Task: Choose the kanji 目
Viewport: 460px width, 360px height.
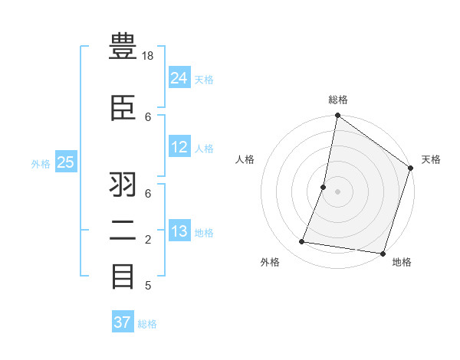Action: pos(123,276)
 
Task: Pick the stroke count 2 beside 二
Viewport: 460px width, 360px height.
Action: pos(149,241)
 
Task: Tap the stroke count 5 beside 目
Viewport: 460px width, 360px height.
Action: pos(149,286)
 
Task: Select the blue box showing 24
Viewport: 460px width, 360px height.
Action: pos(179,77)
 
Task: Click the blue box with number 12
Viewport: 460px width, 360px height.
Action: pos(179,147)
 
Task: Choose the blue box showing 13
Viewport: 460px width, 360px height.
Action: pos(179,231)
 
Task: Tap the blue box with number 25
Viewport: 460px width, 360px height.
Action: pos(66,162)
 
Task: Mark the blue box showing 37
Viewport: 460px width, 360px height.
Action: pos(123,322)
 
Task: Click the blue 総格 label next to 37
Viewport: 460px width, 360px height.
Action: pos(147,324)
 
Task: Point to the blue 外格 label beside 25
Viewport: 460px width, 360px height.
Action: pos(40,163)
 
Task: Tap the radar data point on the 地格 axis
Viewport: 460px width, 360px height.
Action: pos(382,253)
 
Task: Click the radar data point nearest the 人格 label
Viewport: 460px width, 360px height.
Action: pos(324,187)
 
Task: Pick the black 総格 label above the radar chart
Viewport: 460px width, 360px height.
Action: pos(338,100)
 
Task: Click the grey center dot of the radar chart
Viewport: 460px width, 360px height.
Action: pos(337,191)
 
